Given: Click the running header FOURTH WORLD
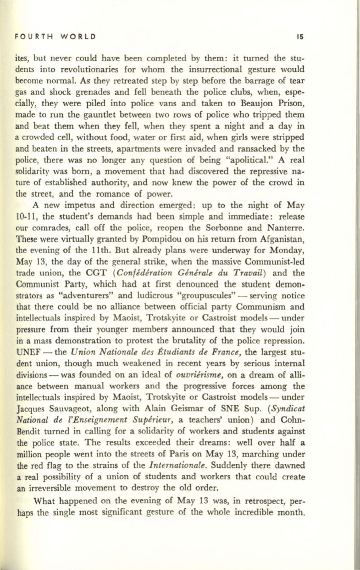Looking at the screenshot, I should point(55,36).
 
